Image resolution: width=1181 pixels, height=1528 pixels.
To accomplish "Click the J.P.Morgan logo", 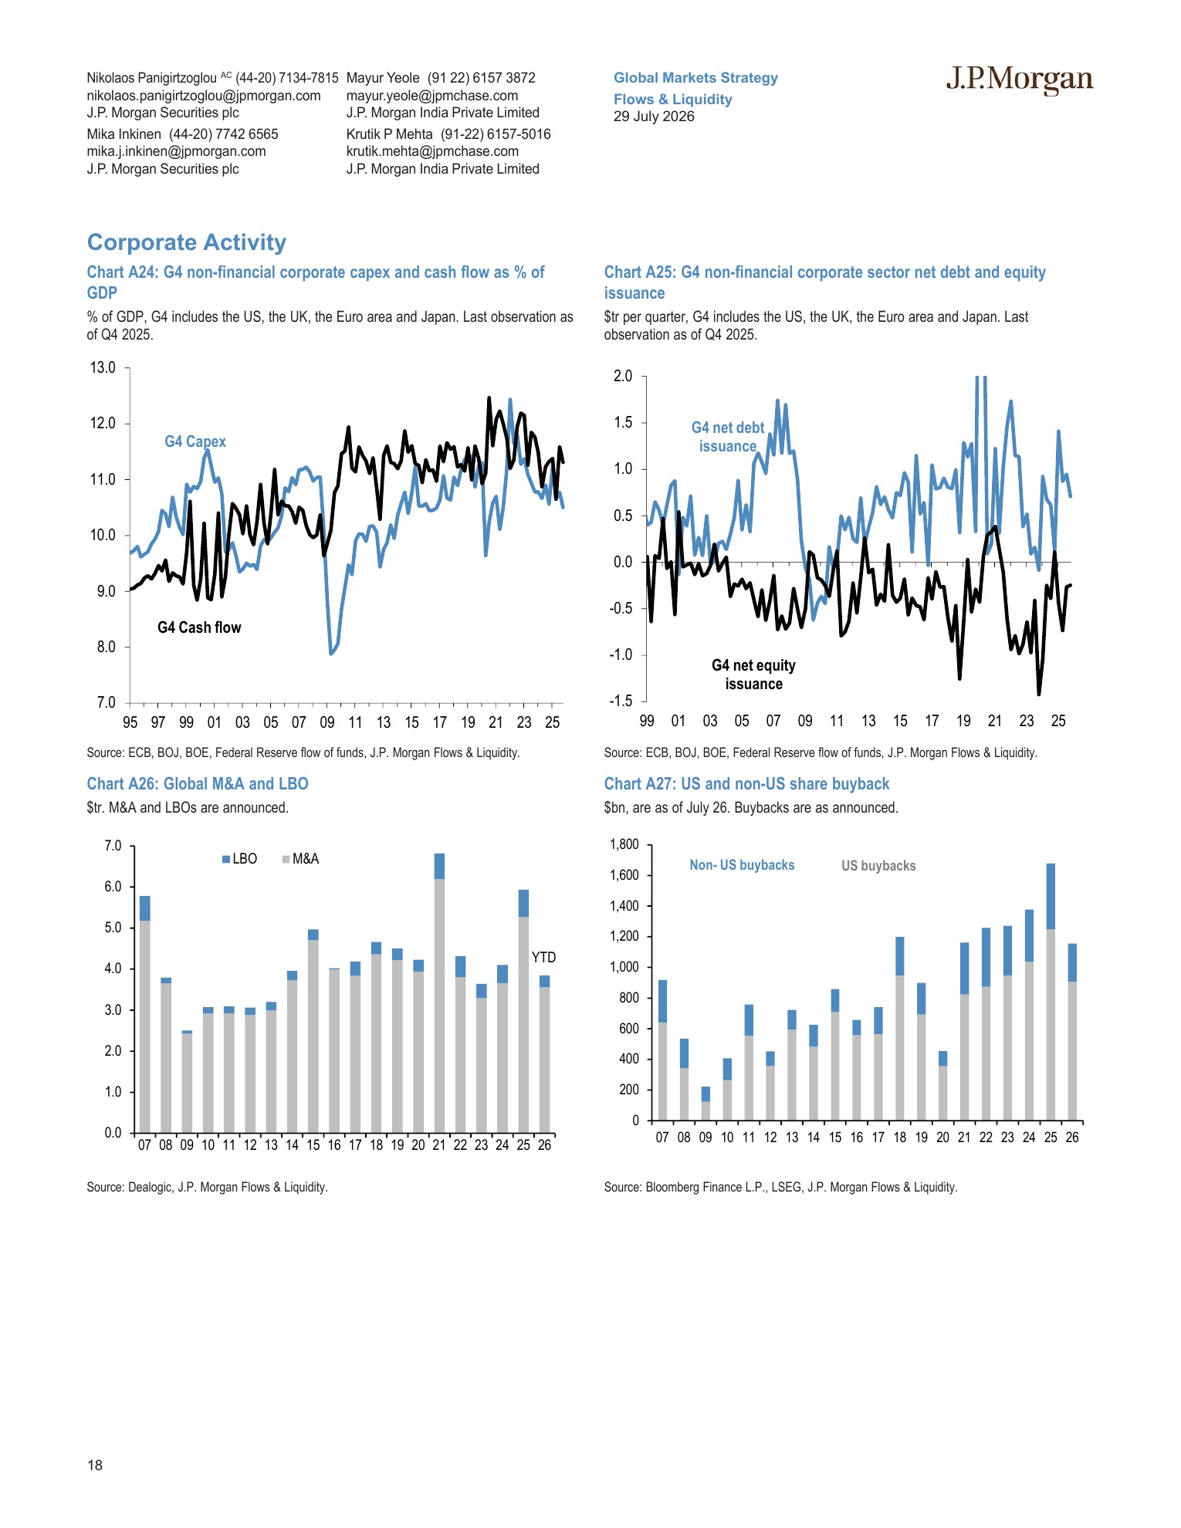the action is point(1020,79).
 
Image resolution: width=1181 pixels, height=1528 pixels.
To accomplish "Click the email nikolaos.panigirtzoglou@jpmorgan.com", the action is point(204,96).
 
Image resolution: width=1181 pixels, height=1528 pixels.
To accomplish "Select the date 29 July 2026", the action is point(654,117).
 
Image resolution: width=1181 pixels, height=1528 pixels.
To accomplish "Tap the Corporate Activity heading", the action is point(187,242).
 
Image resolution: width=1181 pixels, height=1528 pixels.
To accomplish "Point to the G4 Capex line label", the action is point(195,441).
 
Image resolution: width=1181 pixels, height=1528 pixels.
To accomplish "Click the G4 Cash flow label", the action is point(199,627).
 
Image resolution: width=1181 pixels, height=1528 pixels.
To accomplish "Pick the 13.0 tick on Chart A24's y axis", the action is point(103,367).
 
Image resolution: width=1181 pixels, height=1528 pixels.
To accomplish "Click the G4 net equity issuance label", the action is point(753,674).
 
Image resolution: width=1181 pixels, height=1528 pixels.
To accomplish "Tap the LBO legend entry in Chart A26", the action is point(239,859).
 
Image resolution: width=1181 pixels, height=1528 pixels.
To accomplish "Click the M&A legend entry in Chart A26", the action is point(300,859).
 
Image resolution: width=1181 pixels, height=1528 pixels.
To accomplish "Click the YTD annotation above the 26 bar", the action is point(543,957).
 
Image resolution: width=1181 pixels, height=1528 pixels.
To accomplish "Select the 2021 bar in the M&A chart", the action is point(439,993).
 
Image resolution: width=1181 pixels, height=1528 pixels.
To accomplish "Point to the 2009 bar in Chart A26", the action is point(187,1081).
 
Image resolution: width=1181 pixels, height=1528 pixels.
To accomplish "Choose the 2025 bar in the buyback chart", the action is point(1051,992).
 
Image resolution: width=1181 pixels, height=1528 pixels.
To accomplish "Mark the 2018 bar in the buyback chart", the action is point(900,1029).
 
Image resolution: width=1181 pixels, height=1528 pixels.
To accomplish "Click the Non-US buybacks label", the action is point(742,865).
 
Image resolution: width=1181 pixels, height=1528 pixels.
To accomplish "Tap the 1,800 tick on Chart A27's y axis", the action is point(624,844).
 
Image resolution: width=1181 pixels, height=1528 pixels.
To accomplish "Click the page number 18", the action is point(95,1465).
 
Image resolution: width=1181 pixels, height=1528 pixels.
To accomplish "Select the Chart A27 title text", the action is point(746,784).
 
